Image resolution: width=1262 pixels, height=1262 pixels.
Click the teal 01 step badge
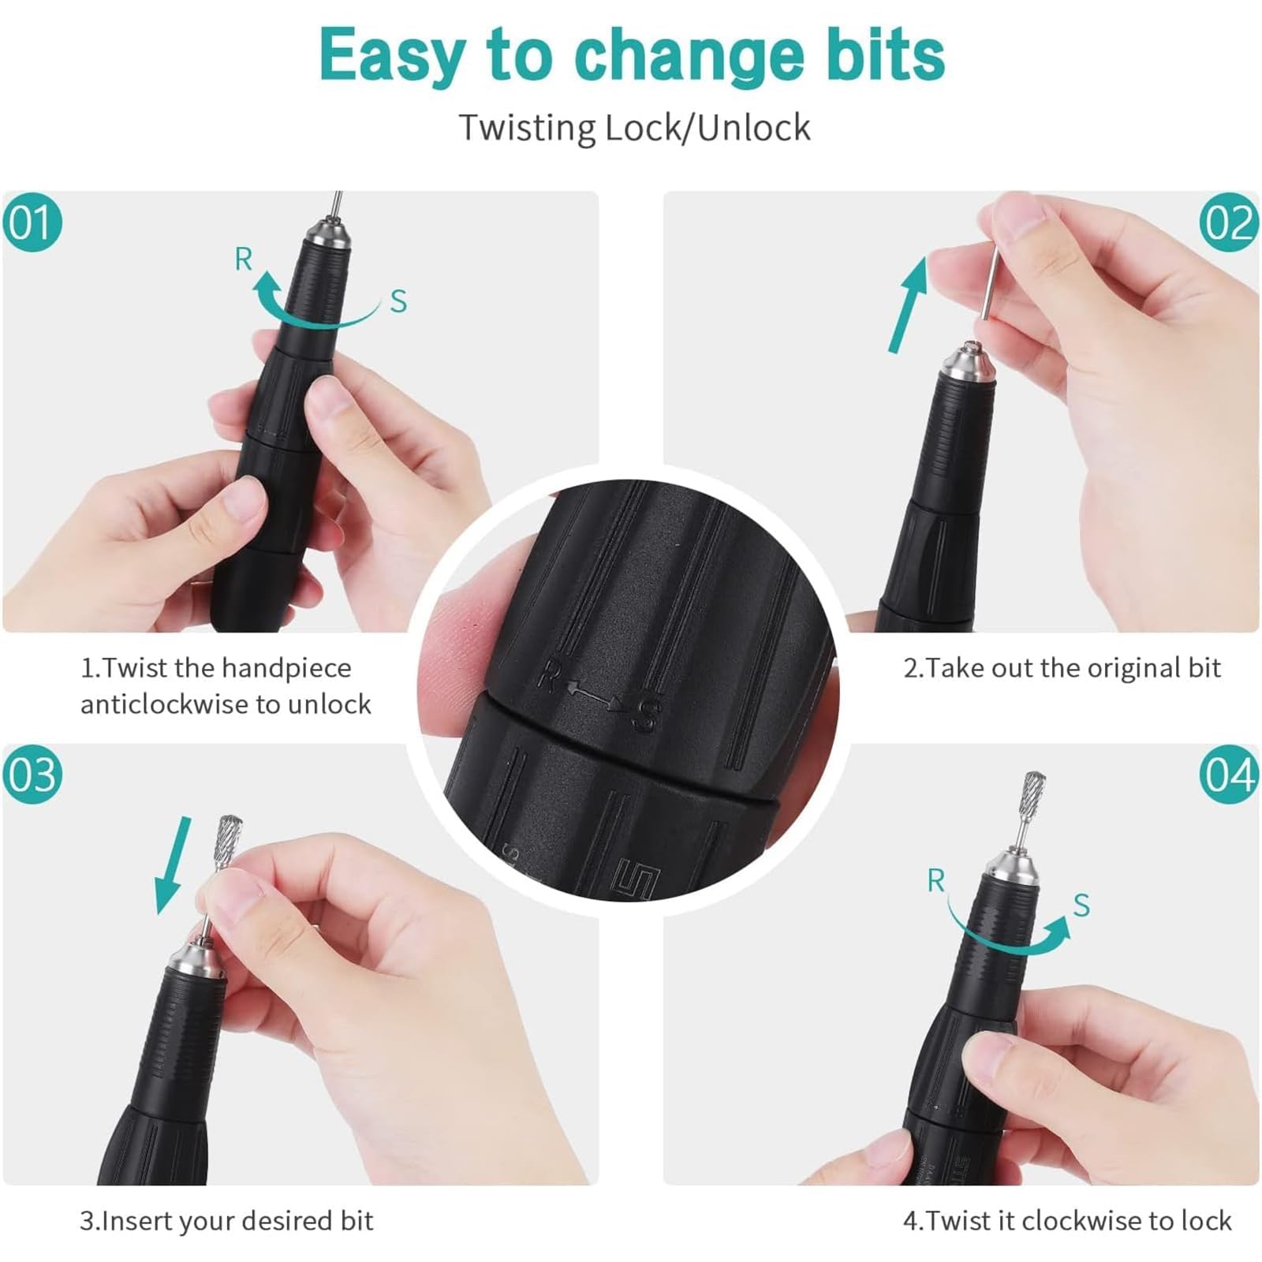point(32,223)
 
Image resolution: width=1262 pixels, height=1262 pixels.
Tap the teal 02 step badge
point(1229,223)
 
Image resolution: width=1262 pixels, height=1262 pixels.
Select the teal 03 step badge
point(32,775)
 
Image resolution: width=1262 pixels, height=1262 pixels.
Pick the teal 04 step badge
point(1229,775)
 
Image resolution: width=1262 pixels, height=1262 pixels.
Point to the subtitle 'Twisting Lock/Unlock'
point(635,128)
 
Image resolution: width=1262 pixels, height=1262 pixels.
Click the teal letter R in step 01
point(244,259)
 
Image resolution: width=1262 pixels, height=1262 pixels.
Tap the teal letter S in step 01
point(399,301)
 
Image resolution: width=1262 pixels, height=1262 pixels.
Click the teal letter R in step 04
point(935,880)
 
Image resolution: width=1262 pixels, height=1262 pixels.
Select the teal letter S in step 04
point(1081,905)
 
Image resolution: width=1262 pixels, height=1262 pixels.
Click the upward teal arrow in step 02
point(909,304)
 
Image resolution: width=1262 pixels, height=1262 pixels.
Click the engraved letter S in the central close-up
point(646,715)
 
